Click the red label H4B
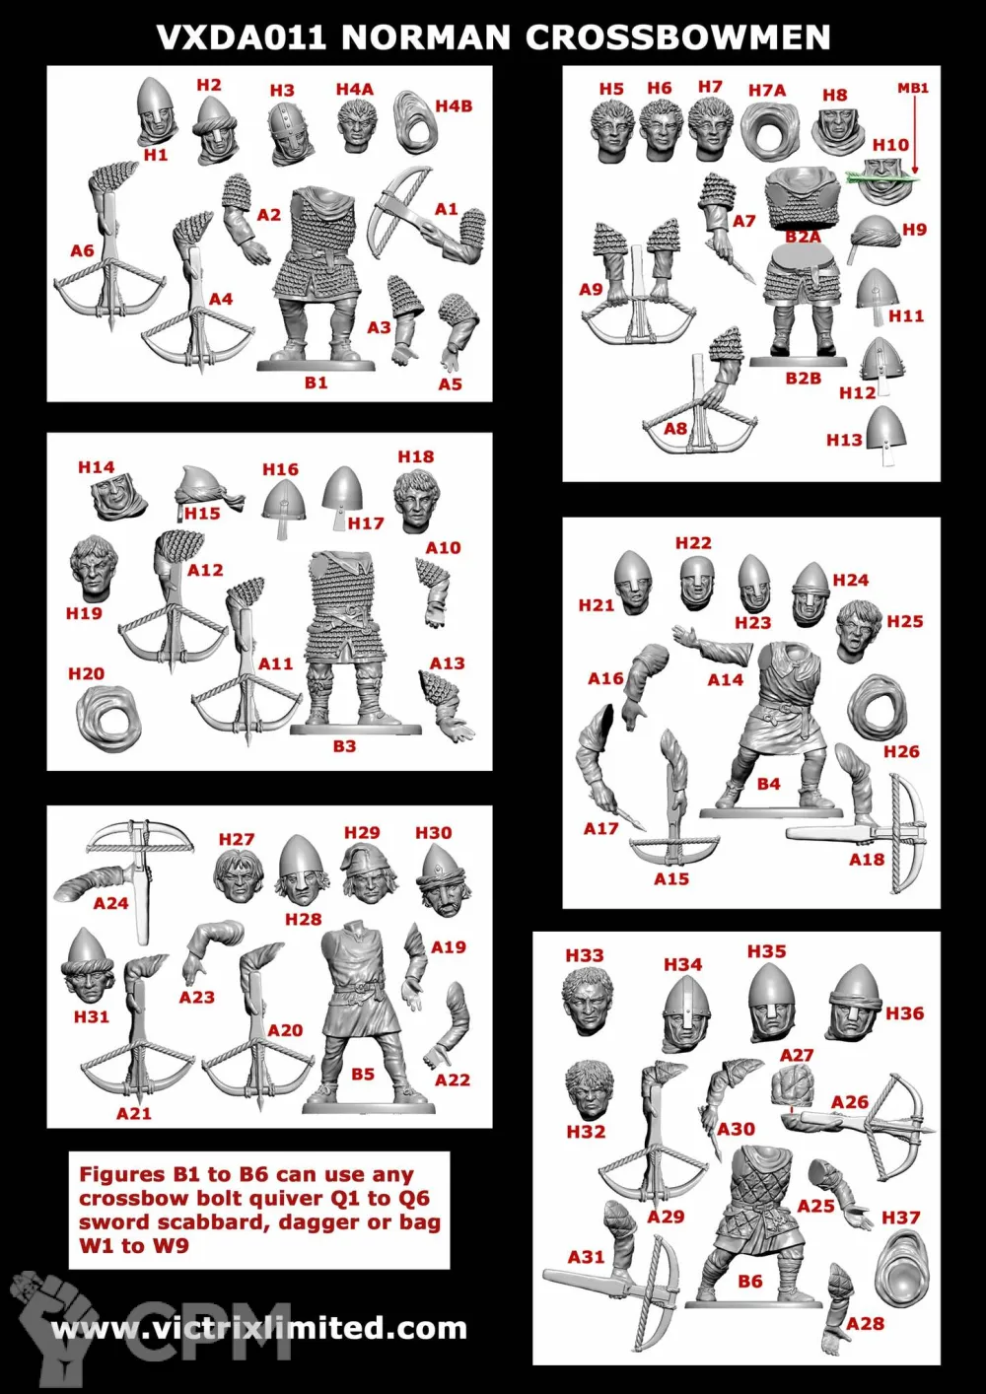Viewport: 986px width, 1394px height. [454, 105]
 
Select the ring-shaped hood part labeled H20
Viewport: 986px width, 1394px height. [108, 717]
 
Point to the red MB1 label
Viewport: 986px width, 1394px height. [913, 89]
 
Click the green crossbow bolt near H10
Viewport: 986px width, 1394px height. [882, 178]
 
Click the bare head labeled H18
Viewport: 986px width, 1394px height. [416, 501]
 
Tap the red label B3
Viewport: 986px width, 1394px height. [343, 745]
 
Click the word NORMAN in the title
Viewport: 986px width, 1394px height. [426, 37]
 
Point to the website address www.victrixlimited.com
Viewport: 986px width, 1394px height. [259, 1328]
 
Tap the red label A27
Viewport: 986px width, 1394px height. [797, 1055]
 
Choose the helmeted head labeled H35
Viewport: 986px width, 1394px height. [772, 1002]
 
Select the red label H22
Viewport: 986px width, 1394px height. [693, 542]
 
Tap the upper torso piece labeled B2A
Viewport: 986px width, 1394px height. [804, 199]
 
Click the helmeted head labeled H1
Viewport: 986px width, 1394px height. [157, 109]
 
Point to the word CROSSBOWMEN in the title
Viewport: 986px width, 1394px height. [678, 37]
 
